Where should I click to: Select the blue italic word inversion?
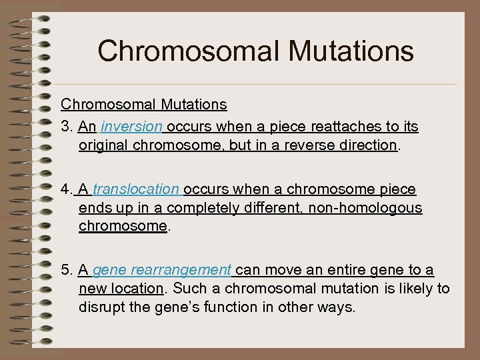(136, 126)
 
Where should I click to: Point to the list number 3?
(65, 126)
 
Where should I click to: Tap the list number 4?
(65, 190)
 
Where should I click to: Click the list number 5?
(65, 270)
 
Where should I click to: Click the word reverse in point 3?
(316, 145)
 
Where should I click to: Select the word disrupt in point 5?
(100, 307)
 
